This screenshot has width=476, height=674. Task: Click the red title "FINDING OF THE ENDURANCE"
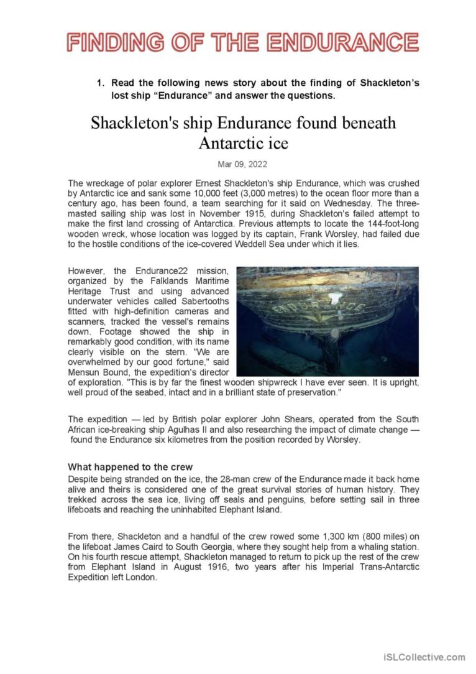tap(243, 42)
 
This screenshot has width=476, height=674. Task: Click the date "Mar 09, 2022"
tap(243, 164)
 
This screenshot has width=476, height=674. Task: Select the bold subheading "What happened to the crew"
tap(130, 467)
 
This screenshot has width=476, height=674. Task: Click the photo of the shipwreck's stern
tap(327, 321)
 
